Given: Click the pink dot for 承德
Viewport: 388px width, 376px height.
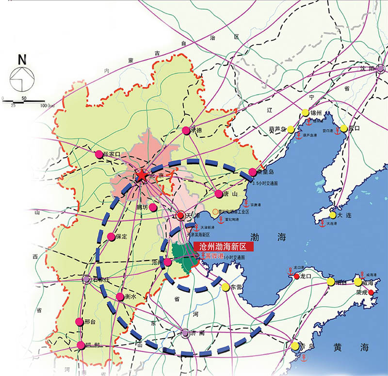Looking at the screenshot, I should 186,130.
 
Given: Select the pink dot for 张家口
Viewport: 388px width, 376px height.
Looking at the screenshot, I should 99,154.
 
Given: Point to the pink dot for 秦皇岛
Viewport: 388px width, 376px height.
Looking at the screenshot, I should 253,172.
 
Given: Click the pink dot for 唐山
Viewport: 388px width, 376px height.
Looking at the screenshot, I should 218,194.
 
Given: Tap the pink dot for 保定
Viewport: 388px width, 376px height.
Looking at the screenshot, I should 111,237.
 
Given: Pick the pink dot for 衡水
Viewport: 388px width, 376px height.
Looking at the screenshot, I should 120,296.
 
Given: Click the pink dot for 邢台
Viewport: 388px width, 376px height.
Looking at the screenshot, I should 80,322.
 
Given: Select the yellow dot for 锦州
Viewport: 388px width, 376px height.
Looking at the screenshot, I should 305,113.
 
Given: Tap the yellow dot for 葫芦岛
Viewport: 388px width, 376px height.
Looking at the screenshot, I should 290,129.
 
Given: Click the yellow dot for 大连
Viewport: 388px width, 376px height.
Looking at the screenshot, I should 333,215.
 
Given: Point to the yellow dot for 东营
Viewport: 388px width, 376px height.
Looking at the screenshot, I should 226,287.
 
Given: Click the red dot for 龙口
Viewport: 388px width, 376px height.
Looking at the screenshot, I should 297,277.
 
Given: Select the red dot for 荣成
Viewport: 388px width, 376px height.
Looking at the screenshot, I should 371,293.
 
